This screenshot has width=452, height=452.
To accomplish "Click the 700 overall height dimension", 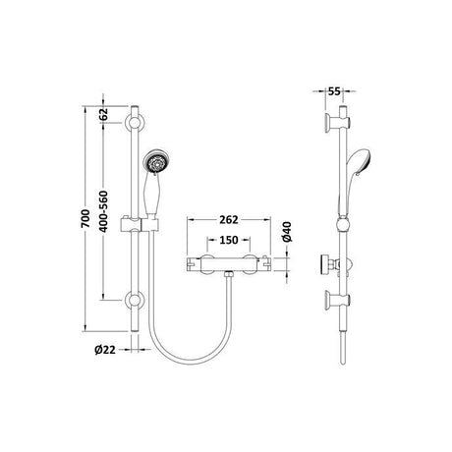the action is tap(85, 219).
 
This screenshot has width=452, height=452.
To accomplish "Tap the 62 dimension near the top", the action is tap(103, 114).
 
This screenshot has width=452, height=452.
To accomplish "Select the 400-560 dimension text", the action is tap(103, 211).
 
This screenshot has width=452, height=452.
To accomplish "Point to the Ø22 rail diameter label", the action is tap(105, 350).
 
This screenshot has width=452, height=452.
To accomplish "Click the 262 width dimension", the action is tap(229, 220).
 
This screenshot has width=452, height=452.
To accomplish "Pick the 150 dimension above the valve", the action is tap(229, 240).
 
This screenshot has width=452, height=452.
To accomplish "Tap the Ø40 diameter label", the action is tap(287, 232).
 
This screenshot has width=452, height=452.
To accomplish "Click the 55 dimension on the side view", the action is tap(334, 91).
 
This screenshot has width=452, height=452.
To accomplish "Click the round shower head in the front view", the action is tap(155, 162).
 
